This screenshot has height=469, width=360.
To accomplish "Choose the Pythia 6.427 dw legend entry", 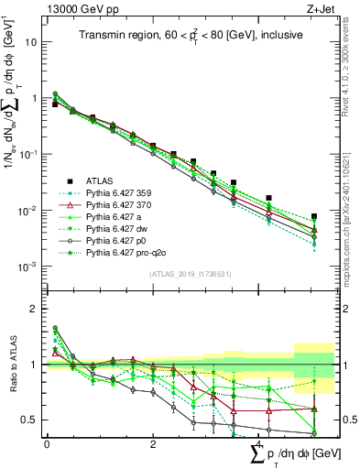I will click(x=120, y=231).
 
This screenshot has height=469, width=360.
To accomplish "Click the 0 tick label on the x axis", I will click(x=47, y=445).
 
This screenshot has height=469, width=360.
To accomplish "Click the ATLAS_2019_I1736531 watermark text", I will click(x=183, y=275).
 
